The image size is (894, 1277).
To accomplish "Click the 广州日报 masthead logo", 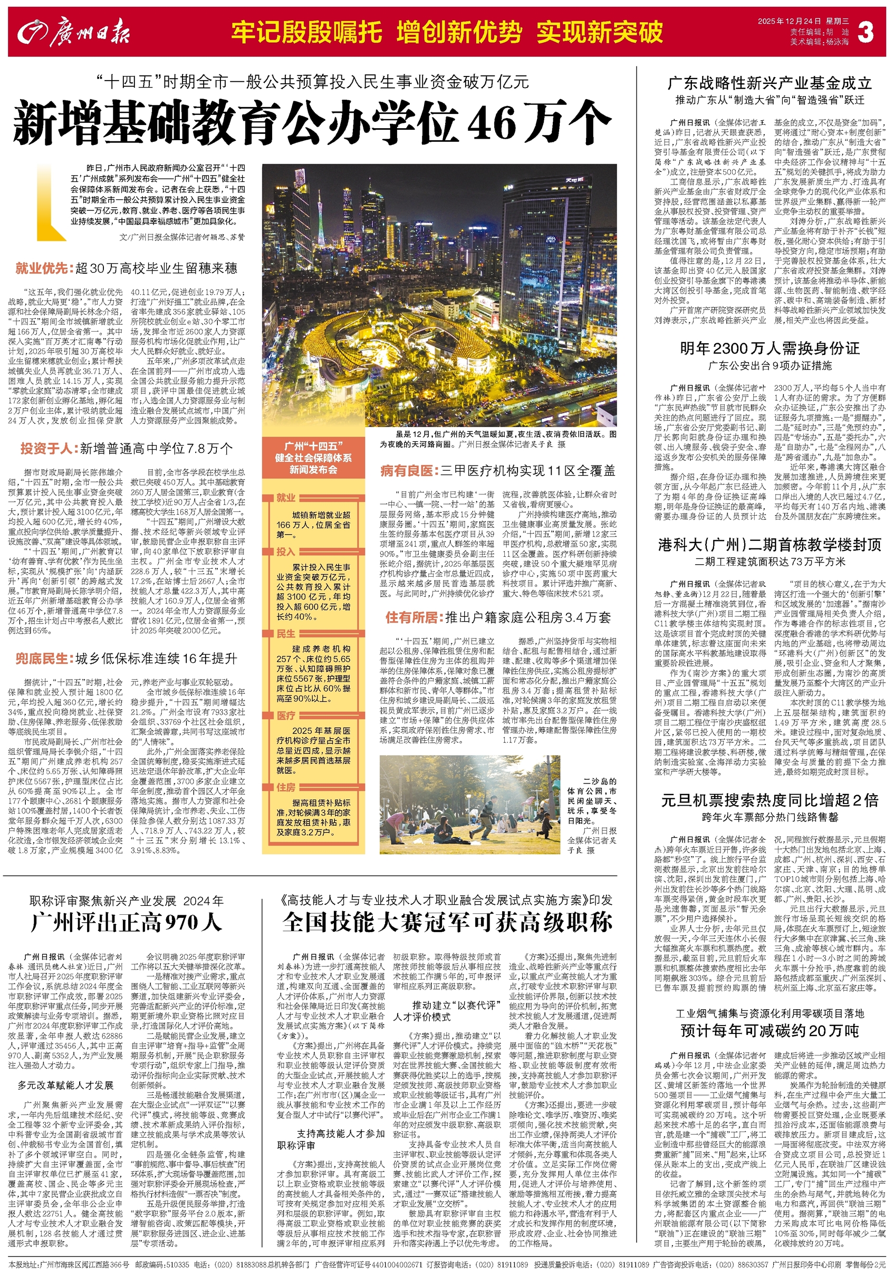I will (74, 32).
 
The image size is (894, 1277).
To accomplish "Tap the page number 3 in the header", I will (865, 33).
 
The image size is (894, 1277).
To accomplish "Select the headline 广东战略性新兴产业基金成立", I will (770, 83).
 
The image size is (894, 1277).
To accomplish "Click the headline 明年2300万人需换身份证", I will (770, 349).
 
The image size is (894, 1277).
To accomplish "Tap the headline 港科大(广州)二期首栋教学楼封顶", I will (770, 545).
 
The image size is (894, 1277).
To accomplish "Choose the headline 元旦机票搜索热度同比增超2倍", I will (770, 800).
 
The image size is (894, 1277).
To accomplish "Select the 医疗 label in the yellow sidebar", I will (286, 715).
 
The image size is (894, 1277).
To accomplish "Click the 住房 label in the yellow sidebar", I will (286, 788).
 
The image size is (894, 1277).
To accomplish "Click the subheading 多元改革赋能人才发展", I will (65, 1085).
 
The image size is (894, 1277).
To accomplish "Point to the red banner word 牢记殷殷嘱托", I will (307, 32).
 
